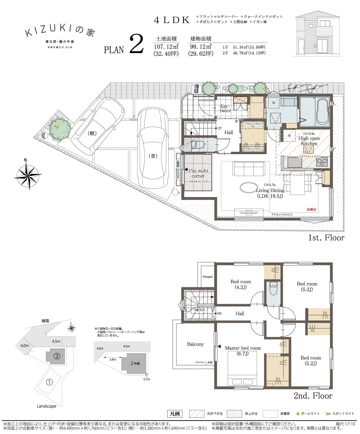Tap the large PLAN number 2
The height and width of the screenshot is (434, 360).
(x=136, y=45)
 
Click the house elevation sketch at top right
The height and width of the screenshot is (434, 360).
(x=314, y=34)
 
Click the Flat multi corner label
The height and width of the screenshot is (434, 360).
(x=198, y=173)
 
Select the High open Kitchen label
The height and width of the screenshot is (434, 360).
(x=309, y=141)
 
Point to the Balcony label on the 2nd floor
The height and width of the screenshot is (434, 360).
(x=195, y=344)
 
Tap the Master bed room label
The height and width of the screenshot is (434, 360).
(x=243, y=348)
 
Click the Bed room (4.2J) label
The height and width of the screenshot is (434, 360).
(x=241, y=284)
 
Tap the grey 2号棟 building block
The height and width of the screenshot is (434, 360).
(x=135, y=363)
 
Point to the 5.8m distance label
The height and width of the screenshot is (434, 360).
(x=112, y=359)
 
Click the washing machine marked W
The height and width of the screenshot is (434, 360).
(x=274, y=103)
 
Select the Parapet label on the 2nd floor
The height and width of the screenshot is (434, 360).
(x=207, y=277)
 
